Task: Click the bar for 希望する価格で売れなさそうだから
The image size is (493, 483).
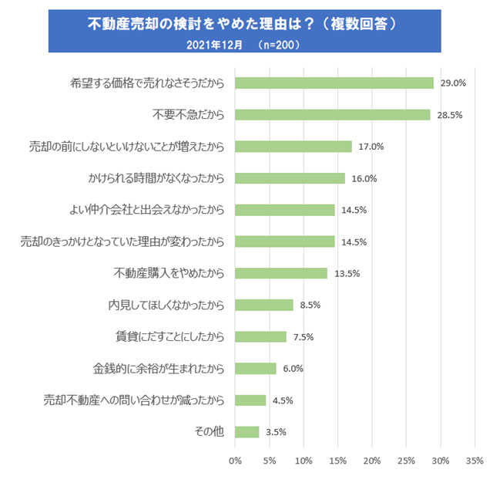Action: click(x=334, y=83)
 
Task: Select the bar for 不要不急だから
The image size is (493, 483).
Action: click(x=333, y=114)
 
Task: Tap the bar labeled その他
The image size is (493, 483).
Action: click(x=247, y=431)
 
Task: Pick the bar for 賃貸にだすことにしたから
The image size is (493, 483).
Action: click(x=260, y=336)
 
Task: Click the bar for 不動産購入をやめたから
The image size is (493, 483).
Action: click(x=281, y=273)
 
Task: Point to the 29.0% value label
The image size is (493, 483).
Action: click(x=452, y=83)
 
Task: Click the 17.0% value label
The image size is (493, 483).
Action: click(x=371, y=147)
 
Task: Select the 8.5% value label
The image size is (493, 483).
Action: click(x=310, y=305)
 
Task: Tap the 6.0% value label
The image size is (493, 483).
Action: click(x=293, y=369)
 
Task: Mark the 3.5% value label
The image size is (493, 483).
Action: click(x=276, y=432)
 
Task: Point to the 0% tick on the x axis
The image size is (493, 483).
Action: click(x=236, y=461)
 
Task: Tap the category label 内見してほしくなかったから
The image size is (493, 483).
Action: click(x=166, y=305)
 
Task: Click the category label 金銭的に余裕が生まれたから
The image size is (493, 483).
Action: click(x=159, y=368)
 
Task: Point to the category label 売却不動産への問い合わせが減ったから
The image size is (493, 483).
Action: click(x=134, y=400)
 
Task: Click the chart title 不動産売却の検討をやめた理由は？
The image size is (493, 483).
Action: click(x=243, y=24)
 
